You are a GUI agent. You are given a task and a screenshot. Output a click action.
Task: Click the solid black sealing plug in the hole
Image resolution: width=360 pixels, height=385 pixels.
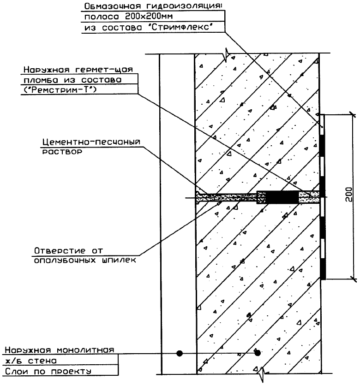(282, 197)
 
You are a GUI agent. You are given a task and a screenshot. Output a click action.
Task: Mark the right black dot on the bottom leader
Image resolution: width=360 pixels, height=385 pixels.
(258, 353)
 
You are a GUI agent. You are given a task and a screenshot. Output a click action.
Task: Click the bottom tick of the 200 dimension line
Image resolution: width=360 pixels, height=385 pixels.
(352, 278)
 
